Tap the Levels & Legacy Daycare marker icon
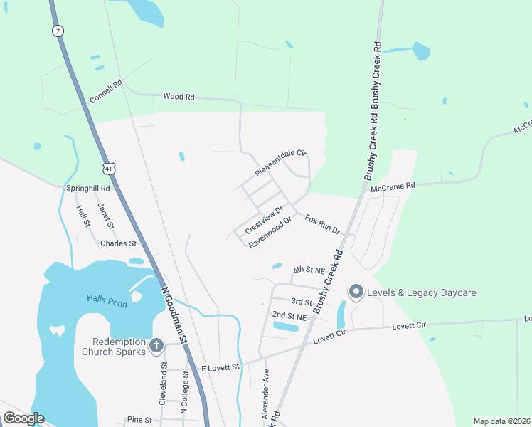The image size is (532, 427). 355,292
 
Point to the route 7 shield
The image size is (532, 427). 57,31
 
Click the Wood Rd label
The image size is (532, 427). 179,96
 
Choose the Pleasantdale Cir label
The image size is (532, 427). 280,163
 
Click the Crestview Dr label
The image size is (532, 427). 264,221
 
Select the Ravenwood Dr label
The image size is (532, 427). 271,232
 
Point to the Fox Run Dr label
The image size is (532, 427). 324,225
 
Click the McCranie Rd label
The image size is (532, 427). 393,186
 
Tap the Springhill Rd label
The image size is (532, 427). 88,189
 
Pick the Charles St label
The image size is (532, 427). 118,243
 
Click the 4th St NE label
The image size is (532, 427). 309,270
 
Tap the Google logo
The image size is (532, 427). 23,418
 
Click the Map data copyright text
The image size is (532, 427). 501,421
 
